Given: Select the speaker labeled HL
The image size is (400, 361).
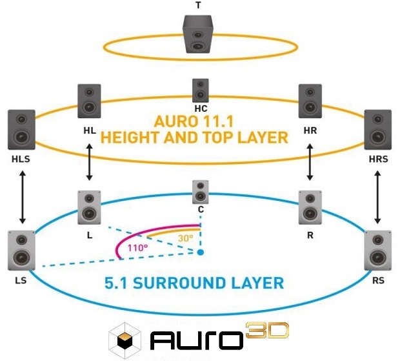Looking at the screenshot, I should (90, 101).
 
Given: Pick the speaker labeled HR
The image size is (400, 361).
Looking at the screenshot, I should (310, 101).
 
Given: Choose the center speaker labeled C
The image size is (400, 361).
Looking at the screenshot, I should (200, 192).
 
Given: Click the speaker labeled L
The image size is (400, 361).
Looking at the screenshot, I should (90, 207).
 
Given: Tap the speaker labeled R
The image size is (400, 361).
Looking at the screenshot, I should (310, 207).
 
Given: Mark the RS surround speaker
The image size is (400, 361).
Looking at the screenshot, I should (378, 250).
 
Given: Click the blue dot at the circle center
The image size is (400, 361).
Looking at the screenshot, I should (201, 251).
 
